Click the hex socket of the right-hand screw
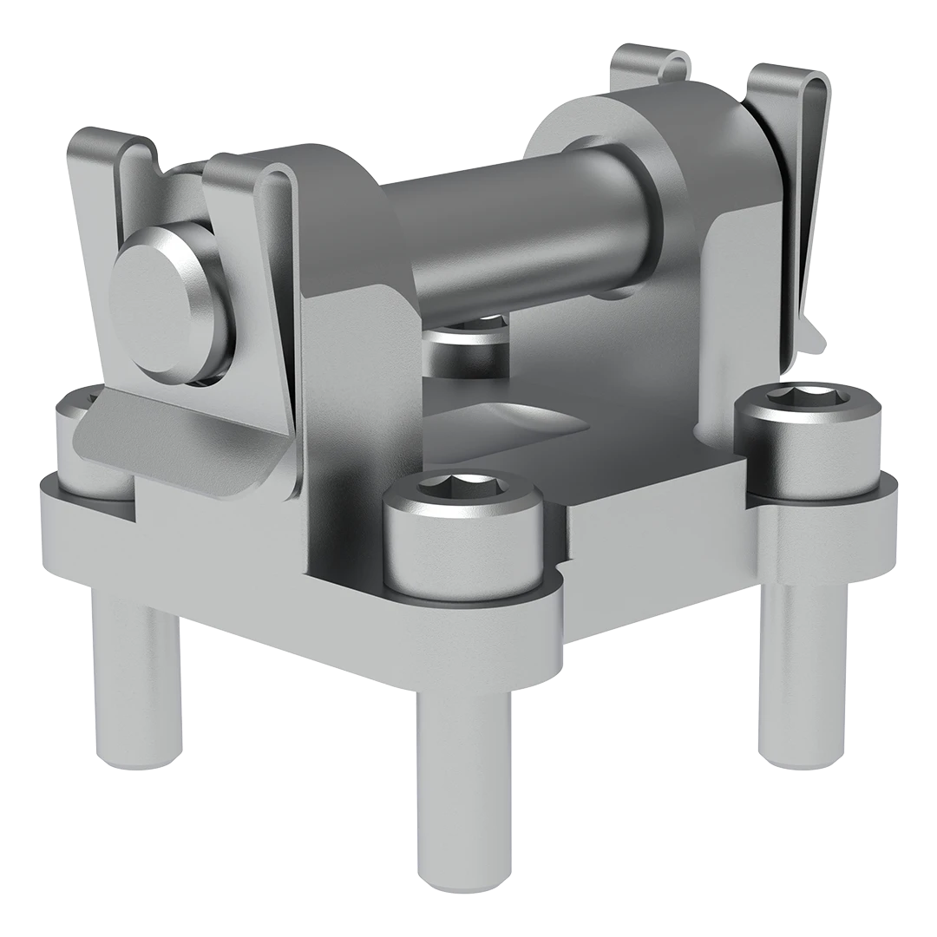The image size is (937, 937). tap(806, 401)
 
